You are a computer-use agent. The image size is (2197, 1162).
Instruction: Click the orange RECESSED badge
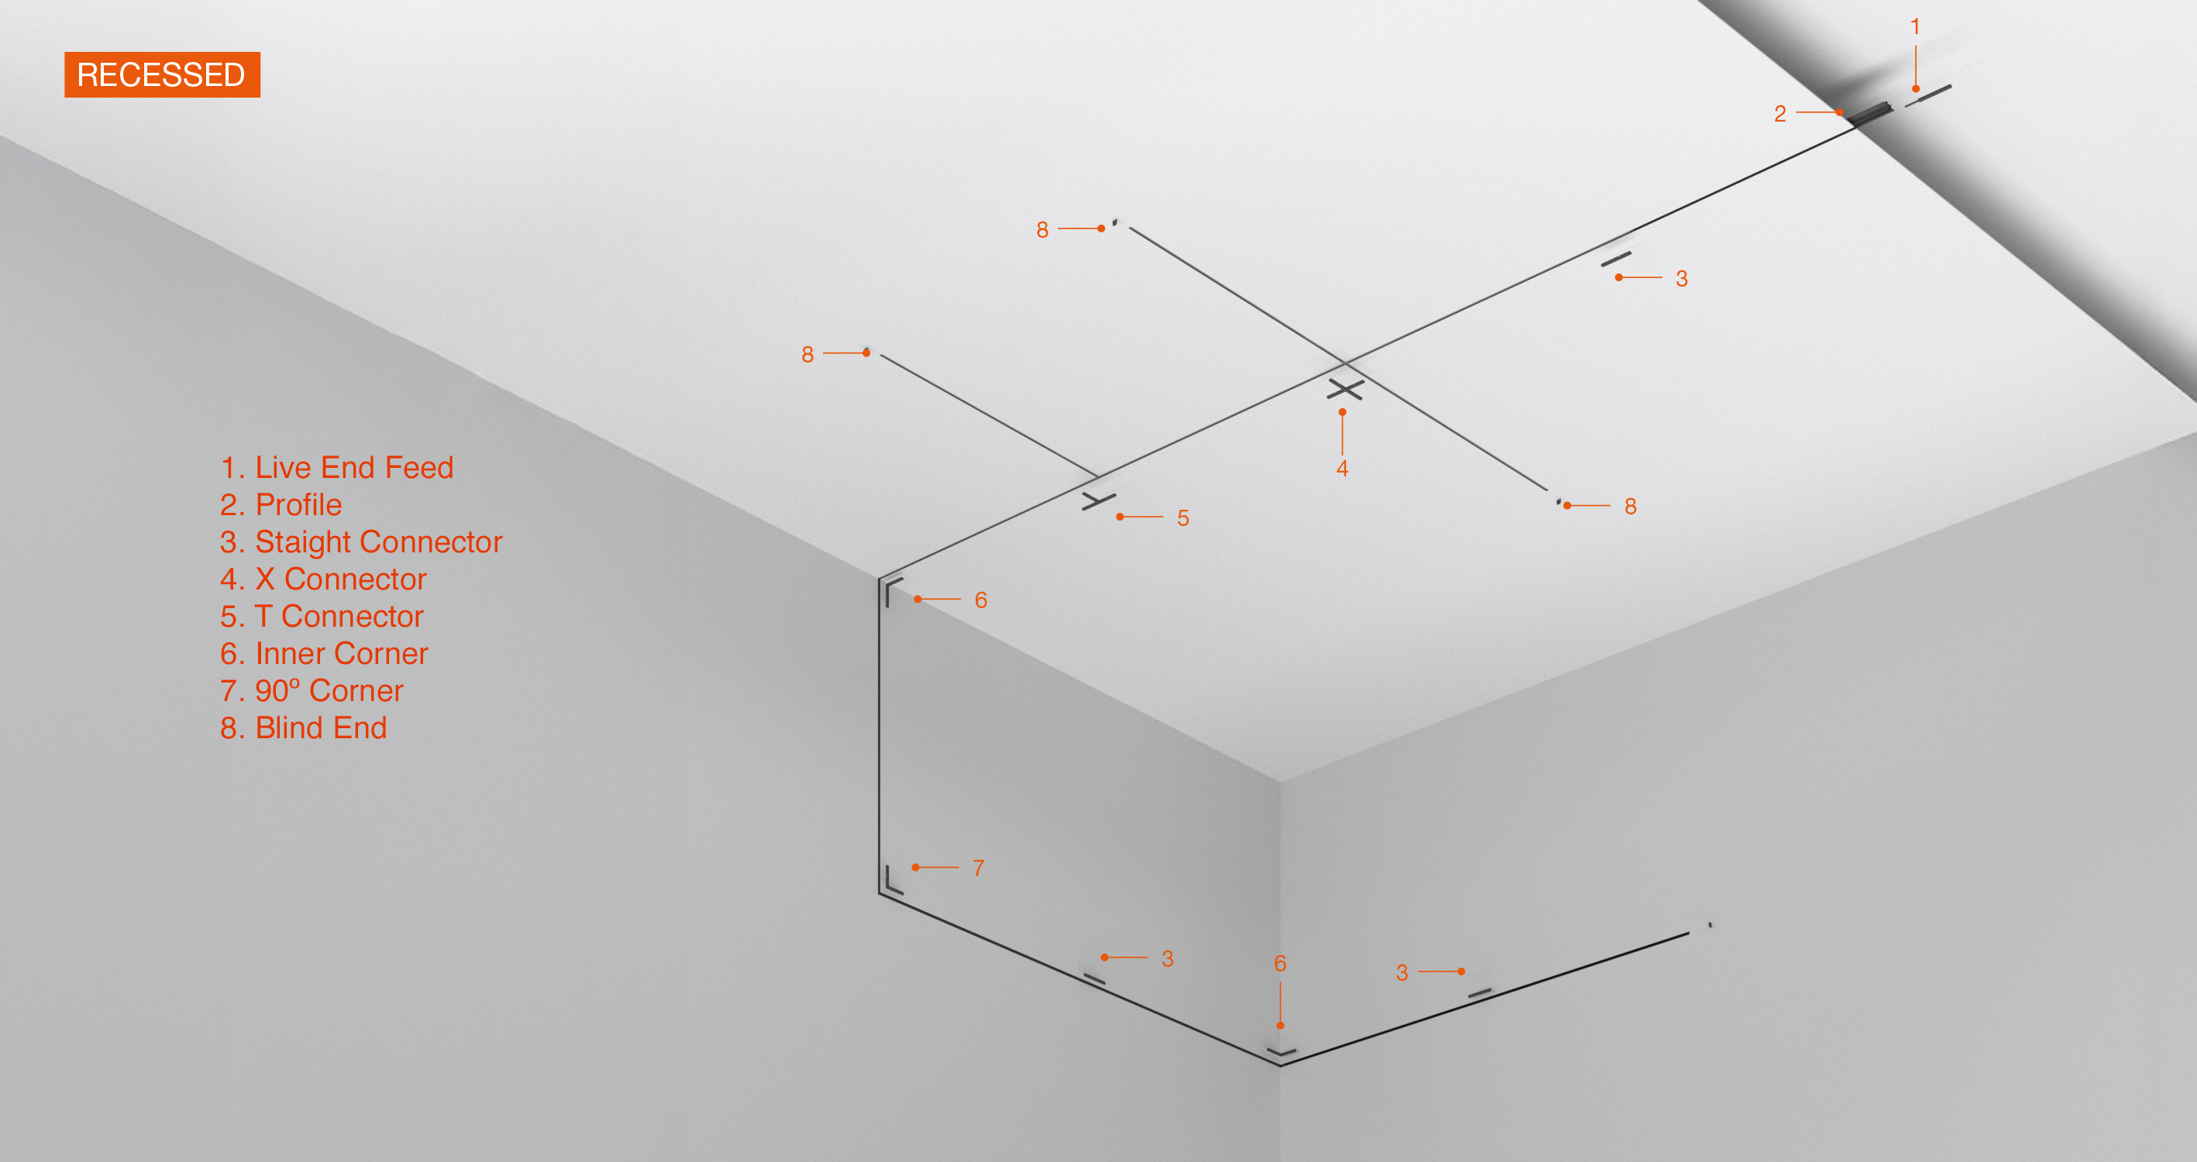162,75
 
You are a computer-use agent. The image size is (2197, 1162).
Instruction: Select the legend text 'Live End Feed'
354,467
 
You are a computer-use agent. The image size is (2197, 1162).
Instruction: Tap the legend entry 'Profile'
298,505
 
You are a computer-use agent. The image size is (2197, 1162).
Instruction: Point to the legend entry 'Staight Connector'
379,542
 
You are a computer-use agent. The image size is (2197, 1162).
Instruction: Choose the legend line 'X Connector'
341,579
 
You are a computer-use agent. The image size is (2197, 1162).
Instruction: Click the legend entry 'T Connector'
339,617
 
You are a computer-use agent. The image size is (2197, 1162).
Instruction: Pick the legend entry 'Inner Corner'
341,654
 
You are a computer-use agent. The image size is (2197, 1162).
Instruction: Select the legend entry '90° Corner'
329,690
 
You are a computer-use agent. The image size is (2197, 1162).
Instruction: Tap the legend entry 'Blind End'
321,728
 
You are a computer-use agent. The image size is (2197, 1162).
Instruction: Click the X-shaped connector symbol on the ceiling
1345,390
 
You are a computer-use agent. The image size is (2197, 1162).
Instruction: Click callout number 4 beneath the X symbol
1342,468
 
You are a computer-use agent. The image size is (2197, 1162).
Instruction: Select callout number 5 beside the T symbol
1183,517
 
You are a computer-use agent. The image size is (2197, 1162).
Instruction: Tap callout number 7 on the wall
978,868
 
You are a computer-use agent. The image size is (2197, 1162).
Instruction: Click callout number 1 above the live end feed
1915,26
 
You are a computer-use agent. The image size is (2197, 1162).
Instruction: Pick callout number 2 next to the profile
1780,113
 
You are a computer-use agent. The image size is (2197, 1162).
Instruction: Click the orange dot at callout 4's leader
1342,413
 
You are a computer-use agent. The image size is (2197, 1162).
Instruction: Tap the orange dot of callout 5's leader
1120,517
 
